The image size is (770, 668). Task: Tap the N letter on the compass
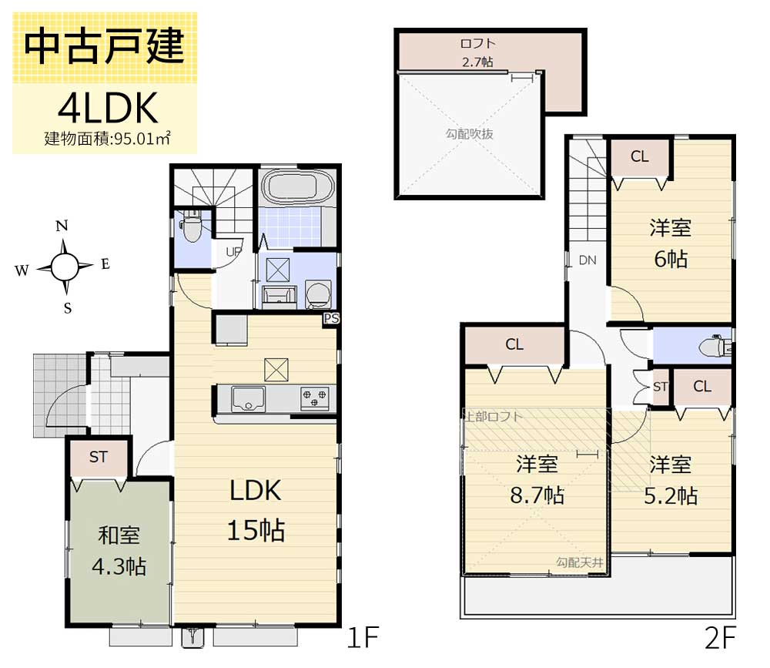(62, 227)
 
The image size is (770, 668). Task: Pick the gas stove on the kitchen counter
(314, 398)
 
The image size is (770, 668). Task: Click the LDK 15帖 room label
(256, 509)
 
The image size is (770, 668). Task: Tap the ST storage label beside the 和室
(98, 457)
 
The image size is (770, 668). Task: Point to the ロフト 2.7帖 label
(477, 52)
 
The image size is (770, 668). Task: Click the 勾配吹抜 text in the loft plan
(469, 133)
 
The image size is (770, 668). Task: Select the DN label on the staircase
(588, 260)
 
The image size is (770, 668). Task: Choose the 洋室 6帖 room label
(670, 243)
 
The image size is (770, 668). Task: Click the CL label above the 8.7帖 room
(514, 344)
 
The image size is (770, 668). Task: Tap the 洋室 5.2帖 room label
(670, 479)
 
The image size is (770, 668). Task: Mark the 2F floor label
(720, 638)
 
